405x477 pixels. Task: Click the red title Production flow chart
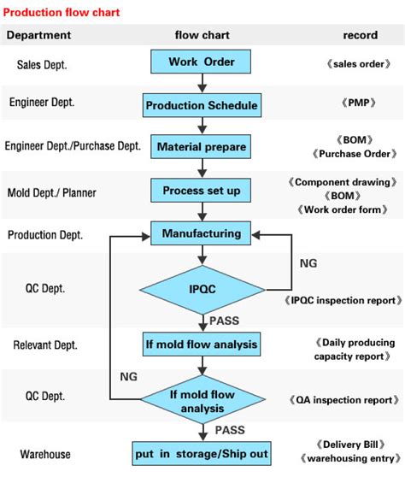(x=62, y=13)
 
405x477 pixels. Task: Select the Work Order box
(x=201, y=62)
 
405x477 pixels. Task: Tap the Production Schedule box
(x=201, y=105)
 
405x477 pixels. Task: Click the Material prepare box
(x=201, y=147)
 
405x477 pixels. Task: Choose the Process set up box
(x=201, y=190)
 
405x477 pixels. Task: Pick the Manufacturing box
(x=201, y=232)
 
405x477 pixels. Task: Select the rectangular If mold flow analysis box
(x=201, y=344)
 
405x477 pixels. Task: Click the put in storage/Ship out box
(x=201, y=453)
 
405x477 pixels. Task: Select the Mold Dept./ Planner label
(x=51, y=192)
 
